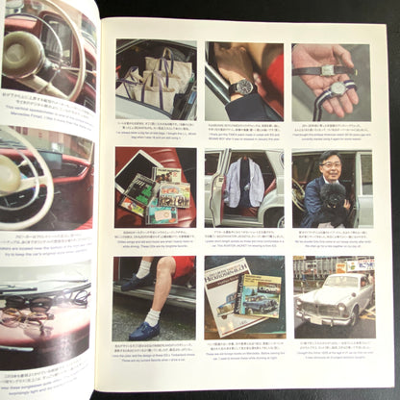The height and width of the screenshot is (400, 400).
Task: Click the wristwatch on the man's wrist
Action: click(x=245, y=87)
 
